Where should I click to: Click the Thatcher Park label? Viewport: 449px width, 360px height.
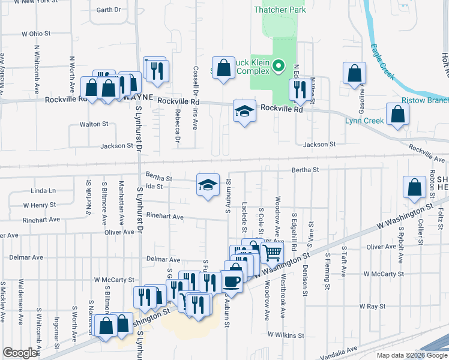coord(280,10)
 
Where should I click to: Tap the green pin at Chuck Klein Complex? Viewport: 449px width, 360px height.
coord(279,66)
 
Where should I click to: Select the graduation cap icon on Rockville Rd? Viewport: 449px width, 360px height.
coord(243,111)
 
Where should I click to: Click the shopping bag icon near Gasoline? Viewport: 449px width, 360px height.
coord(355,73)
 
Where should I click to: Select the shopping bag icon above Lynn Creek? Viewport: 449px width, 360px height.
coord(397,114)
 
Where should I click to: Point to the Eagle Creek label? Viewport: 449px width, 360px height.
coord(382,61)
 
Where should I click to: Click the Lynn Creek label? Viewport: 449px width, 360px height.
coord(364,121)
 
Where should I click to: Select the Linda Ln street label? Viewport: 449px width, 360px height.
coord(43,191)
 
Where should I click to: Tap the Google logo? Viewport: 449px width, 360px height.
coord(20,352)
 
